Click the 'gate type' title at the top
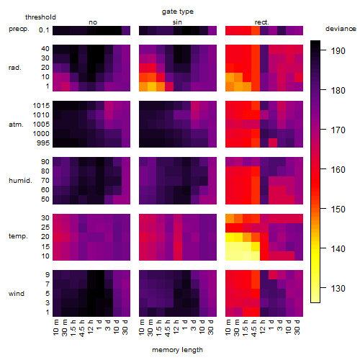coord(178,12)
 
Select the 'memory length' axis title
coord(177,350)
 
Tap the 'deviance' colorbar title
coord(341,29)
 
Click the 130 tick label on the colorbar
coord(338,288)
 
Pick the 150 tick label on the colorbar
coord(338,210)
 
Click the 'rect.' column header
coord(261,22)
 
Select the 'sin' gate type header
coord(177,22)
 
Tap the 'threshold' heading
coord(40,17)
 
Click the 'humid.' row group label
coord(20,181)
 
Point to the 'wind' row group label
coord(17,294)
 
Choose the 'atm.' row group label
coord(16,125)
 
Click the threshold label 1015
coord(41,106)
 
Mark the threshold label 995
coord(43,143)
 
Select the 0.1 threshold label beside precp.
coord(44,30)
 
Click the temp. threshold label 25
coord(45,228)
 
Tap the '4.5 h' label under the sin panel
coord(168,328)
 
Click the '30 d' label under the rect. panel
coord(297,328)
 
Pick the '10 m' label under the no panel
coord(55,328)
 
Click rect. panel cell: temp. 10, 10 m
coord(230,256)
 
